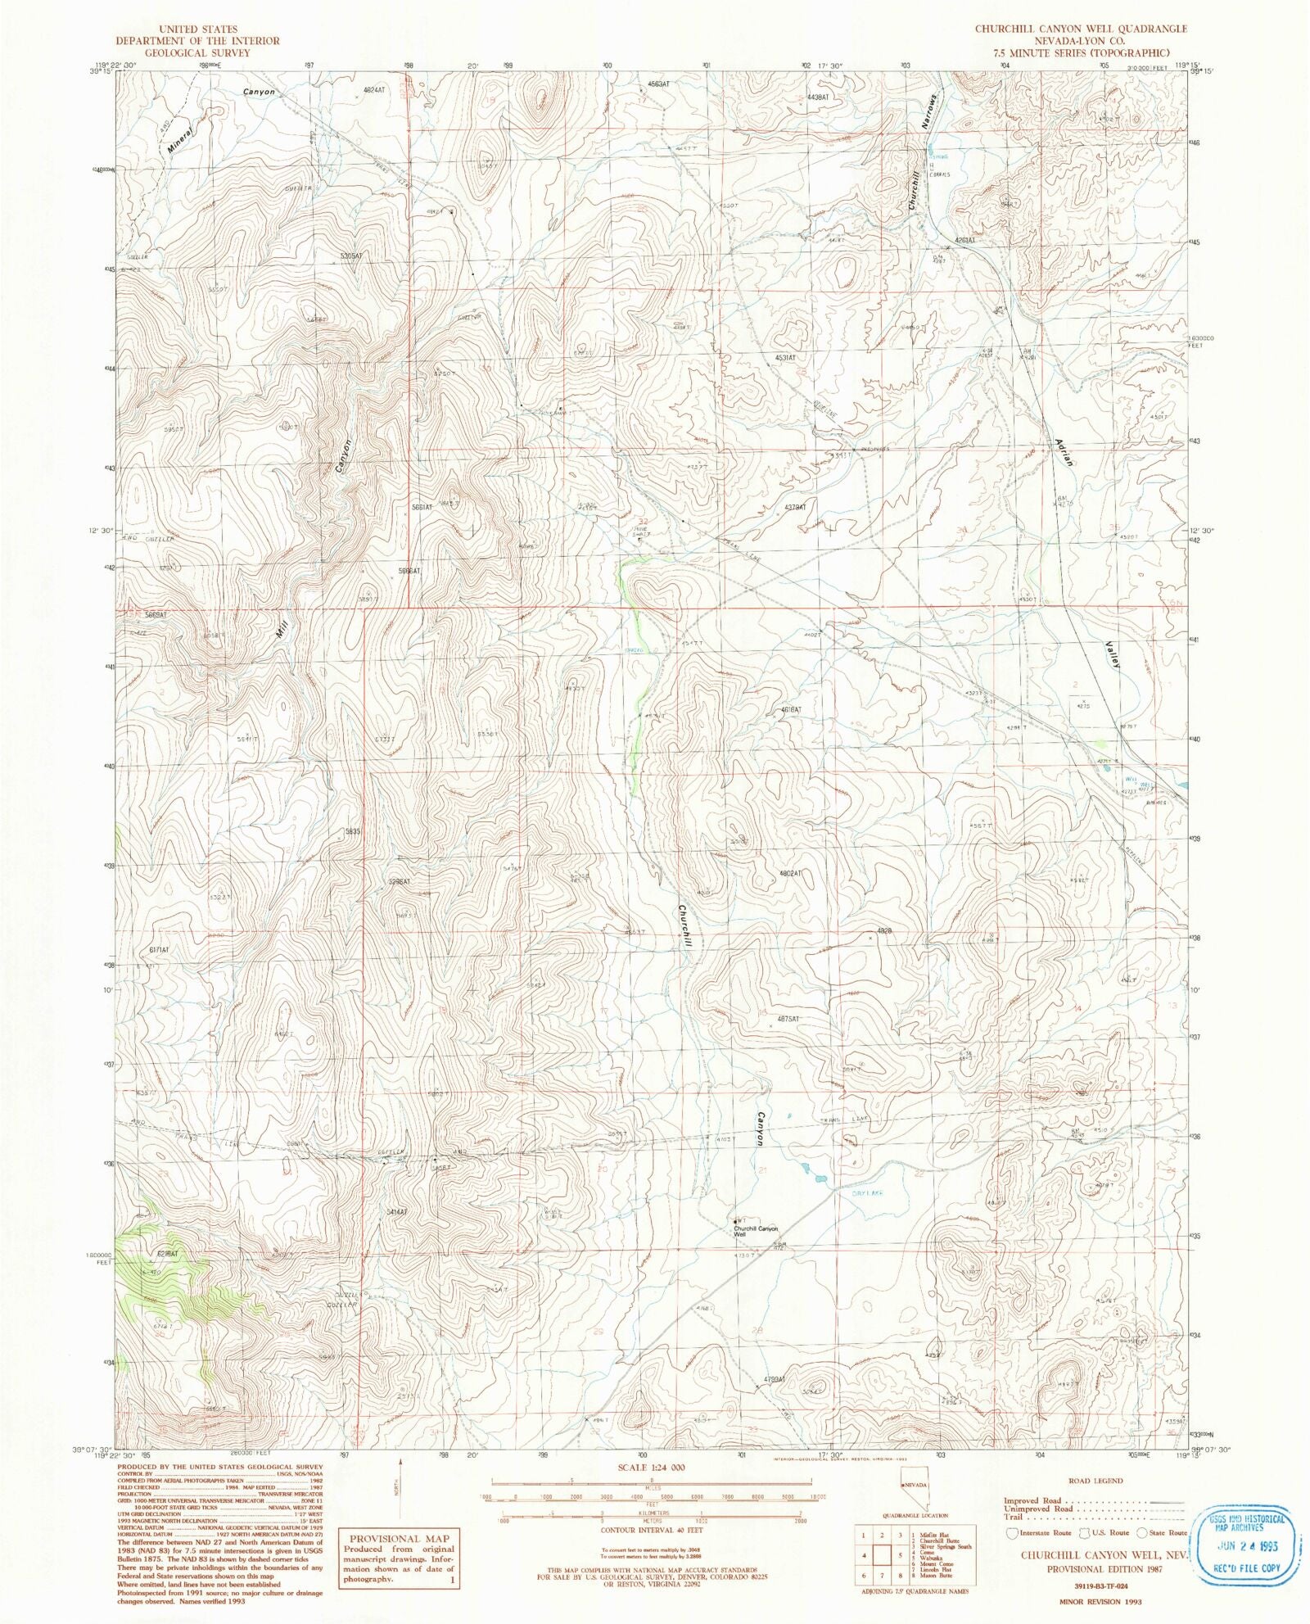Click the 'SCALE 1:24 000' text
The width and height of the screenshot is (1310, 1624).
pos(651,1470)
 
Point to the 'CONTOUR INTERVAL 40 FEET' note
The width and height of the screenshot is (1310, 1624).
pos(651,1529)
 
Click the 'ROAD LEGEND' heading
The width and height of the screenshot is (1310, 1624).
pos(1095,1481)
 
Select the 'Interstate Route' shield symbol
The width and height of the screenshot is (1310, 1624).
pos(1013,1532)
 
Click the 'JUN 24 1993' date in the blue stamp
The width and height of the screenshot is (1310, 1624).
pos(1247,1546)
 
